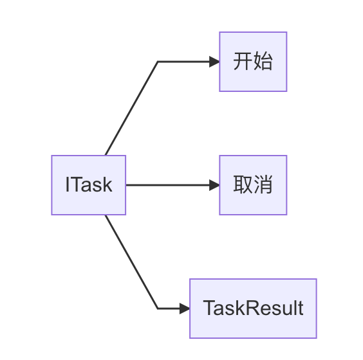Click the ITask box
pyautogui.click(x=89, y=185)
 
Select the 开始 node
pyautogui.click(x=253, y=62)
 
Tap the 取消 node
pyautogui.click(x=253, y=185)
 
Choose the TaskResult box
pyautogui.click(x=253, y=309)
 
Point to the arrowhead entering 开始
pyautogui.click(x=214, y=62)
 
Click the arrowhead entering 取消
pyautogui.click(x=214, y=185)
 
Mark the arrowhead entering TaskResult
pyautogui.click(x=185, y=309)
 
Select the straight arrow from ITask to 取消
pyautogui.click(x=167, y=185)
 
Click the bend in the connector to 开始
pyautogui.click(x=158, y=62)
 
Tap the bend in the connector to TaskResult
pyautogui.click(x=158, y=309)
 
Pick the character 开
pyautogui.click(x=243, y=62)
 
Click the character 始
pyautogui.click(x=263, y=62)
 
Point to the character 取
pyautogui.click(x=243, y=185)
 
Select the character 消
pyautogui.click(x=263, y=185)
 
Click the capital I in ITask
pyautogui.click(x=68, y=185)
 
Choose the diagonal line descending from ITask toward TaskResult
pyautogui.click(x=131, y=262)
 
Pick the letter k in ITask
pyautogui.click(x=107, y=185)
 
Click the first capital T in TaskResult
pyautogui.click(x=209, y=309)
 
